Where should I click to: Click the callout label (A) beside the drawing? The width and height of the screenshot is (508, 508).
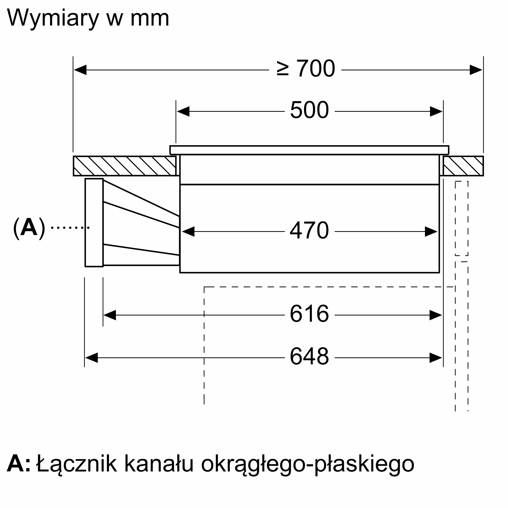point(29,227)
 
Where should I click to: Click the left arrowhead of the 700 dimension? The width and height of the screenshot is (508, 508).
point(80,70)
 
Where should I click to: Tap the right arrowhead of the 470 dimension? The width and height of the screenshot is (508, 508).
point(431,231)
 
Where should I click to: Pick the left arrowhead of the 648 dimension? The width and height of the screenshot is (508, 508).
point(91,358)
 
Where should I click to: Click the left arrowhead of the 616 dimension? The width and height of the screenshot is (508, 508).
point(110,315)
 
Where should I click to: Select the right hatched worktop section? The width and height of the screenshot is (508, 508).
point(463,166)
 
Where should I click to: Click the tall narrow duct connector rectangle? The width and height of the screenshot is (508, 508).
point(94,223)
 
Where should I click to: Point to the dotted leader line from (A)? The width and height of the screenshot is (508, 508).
point(70,227)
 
